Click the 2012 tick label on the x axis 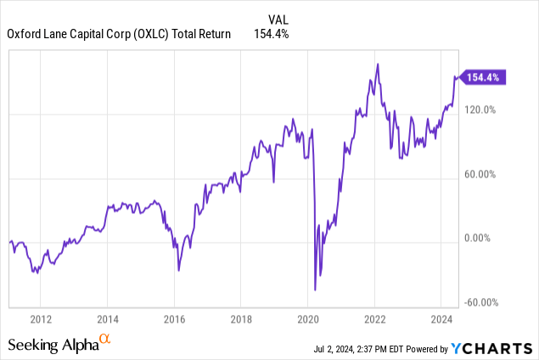(41, 319)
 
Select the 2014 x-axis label (107, 319)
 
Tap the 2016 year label (174, 319)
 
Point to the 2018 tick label (240, 319)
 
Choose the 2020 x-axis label (307, 319)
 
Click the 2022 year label (374, 319)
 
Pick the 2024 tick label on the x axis (441, 319)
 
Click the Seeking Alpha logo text (53, 344)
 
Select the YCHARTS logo (495, 348)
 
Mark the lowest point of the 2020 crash (315, 290)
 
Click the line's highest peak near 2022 (378, 65)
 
